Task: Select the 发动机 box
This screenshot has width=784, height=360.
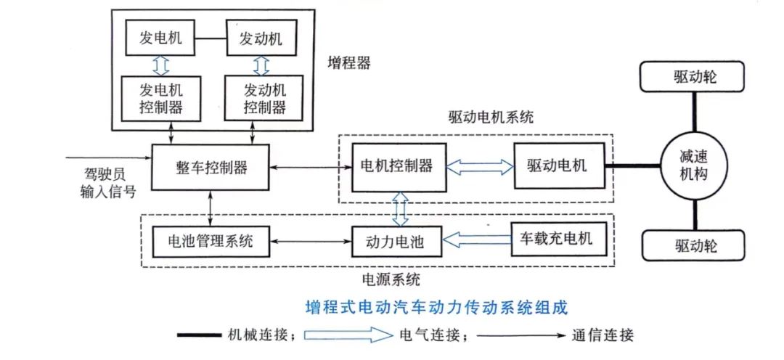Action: (261, 38)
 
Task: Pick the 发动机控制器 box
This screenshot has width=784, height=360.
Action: (261, 99)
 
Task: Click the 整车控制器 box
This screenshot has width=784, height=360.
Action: (210, 167)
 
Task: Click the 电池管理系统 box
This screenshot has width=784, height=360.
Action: (210, 240)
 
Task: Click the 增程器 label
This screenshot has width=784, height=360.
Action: (348, 62)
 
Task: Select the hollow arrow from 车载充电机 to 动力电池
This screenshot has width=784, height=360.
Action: (477, 239)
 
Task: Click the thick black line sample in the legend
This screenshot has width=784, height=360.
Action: (208, 336)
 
